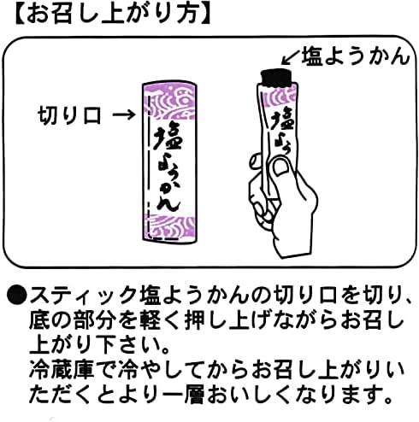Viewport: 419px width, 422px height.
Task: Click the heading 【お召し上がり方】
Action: [x=113, y=15]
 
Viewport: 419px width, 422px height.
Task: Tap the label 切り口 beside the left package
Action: [x=69, y=115]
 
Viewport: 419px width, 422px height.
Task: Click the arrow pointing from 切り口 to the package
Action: [x=124, y=115]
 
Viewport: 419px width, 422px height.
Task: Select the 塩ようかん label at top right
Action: [x=356, y=56]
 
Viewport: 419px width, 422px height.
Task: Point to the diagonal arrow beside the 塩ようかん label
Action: [x=291, y=57]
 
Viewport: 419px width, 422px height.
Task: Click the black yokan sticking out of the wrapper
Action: [x=277, y=78]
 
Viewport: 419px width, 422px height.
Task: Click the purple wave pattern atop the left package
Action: [x=169, y=101]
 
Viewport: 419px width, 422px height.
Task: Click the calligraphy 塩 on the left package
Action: [x=168, y=136]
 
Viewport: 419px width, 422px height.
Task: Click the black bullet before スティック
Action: [x=17, y=296]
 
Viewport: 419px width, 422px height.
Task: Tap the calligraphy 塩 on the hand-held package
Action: [x=280, y=122]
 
